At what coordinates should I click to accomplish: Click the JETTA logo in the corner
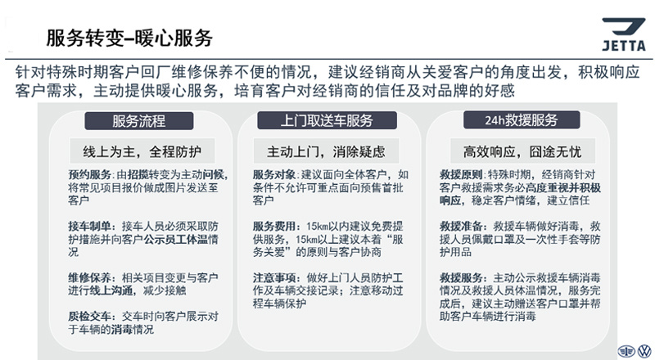pos(624,34)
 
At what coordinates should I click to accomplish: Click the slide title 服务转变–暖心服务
pos(129,38)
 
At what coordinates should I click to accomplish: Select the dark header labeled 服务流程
pos(139,121)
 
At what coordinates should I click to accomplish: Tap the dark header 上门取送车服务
pos(327,120)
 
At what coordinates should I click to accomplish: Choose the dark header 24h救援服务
pos(522,119)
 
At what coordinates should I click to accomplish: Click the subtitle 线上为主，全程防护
pos(142,151)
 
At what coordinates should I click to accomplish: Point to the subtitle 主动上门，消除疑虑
pos(326,151)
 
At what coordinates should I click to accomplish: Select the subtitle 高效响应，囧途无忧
pos(522,151)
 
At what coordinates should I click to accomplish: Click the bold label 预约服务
pos(90,174)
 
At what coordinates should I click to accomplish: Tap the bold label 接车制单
pos(90,227)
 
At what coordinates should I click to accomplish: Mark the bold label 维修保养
pos(90,277)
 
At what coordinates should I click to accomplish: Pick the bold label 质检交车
pos(90,317)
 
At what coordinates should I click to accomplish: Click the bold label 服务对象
pos(274,174)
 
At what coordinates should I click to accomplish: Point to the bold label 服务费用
pos(274,227)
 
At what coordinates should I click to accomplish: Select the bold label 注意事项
pos(274,277)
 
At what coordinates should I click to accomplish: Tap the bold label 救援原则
pos(461,174)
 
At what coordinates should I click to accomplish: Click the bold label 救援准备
pos(461,227)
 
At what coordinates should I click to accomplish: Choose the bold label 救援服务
pos(461,277)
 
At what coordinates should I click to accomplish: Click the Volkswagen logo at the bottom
pos(644,351)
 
